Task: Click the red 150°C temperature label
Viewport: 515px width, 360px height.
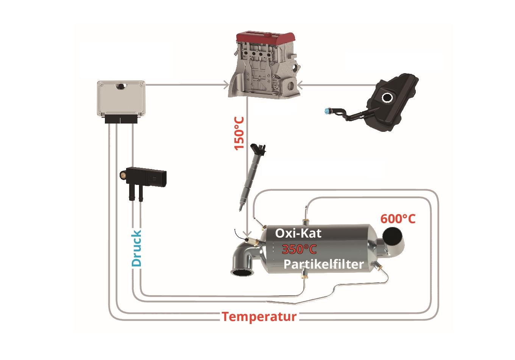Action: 239,133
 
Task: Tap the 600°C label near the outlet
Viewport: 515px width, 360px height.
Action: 398,219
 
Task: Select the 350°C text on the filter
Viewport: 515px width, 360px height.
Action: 299,249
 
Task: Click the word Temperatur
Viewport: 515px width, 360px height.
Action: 259,316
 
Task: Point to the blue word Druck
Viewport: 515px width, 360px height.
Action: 136,248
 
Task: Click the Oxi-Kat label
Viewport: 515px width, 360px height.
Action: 298,233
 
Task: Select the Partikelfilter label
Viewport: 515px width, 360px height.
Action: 323,264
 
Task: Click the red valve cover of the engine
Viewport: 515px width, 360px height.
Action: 265,37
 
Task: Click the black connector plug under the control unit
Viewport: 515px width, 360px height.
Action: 121,119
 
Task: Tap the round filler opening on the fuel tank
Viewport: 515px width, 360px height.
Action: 387,97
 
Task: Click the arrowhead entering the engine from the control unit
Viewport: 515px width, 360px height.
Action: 226,85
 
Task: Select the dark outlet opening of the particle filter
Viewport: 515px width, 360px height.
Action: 393,237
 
